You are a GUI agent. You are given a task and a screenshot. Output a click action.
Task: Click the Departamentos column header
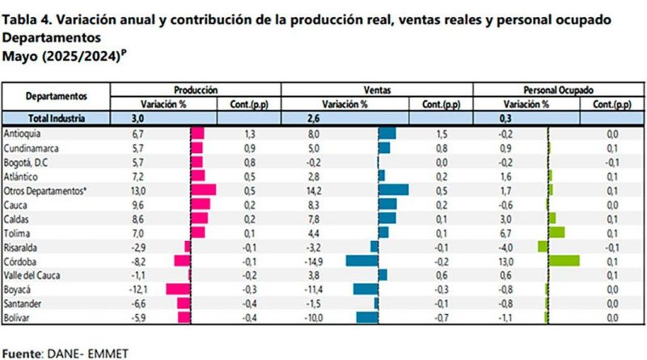(56, 96)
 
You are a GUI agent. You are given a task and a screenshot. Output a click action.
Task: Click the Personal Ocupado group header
(558, 90)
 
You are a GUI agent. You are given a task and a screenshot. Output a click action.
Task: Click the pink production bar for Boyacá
(177, 289)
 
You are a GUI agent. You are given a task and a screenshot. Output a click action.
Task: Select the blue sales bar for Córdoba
(362, 260)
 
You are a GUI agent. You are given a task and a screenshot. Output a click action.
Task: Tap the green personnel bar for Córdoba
(564, 260)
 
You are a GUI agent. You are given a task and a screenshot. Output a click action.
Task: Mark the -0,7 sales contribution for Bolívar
(442, 317)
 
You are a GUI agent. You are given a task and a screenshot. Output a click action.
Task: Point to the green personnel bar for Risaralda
(543, 246)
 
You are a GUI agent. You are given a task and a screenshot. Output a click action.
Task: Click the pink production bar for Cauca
(200, 204)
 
